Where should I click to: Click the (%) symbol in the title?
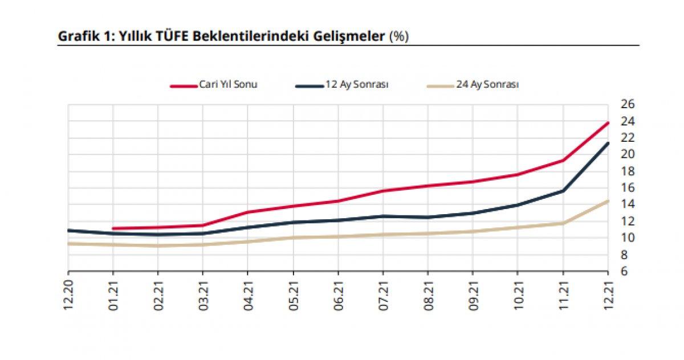click(398, 36)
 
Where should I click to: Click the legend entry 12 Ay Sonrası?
click(357, 85)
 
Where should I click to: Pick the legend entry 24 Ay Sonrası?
click(487, 85)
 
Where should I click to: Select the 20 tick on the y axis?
click(628, 154)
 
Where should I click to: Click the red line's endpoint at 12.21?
click(608, 123)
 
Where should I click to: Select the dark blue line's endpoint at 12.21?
click(608, 143)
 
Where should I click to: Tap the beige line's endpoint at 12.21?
click(608, 201)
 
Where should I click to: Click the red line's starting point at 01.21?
click(113, 228)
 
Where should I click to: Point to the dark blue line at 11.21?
click(563, 190)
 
